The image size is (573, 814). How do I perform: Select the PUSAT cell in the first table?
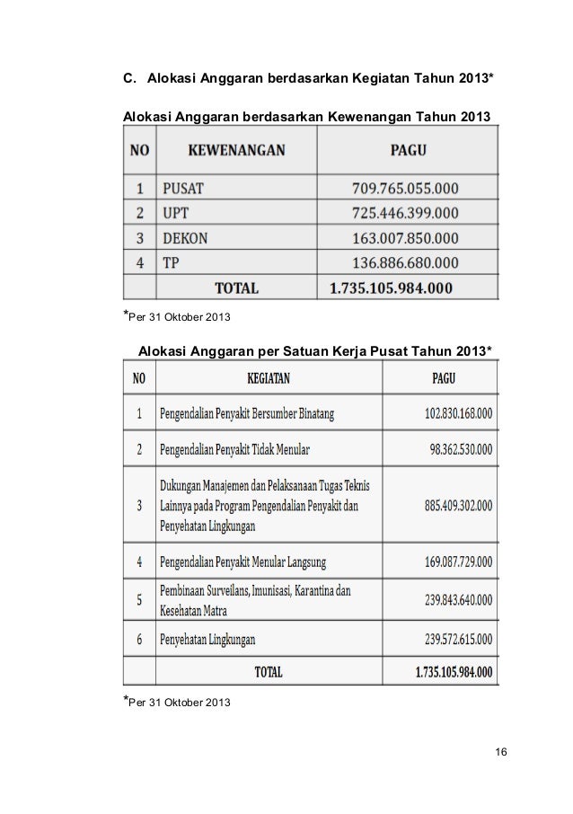pos(183,189)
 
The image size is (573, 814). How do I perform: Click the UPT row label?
pos(176,214)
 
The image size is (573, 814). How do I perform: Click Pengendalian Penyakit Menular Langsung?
pos(243,564)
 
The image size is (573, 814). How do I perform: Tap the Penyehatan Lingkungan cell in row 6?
pos(207,640)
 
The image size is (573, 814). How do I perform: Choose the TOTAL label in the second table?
pos(269,671)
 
